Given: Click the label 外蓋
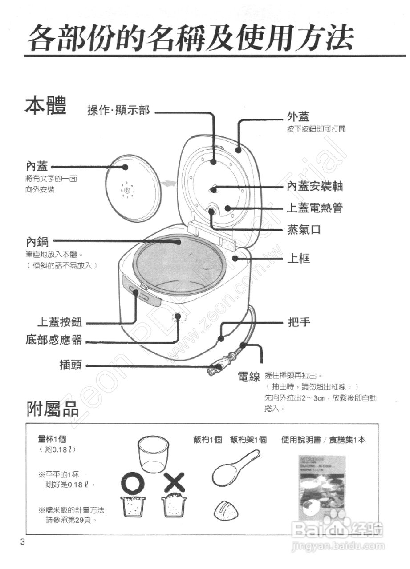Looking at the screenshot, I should coord(298,116).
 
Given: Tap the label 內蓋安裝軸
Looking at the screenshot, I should coord(315,187).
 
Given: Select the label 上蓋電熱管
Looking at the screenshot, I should coord(315,208).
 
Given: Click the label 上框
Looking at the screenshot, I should coord(298,258).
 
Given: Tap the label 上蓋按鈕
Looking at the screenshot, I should coord(59,322).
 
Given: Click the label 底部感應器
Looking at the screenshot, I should coord(54,340).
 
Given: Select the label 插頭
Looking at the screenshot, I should coord(70,365).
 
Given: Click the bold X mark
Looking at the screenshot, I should coord(174,481).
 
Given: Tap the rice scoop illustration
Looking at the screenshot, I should coord(235,469).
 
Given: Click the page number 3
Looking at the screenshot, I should coord(22,541).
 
